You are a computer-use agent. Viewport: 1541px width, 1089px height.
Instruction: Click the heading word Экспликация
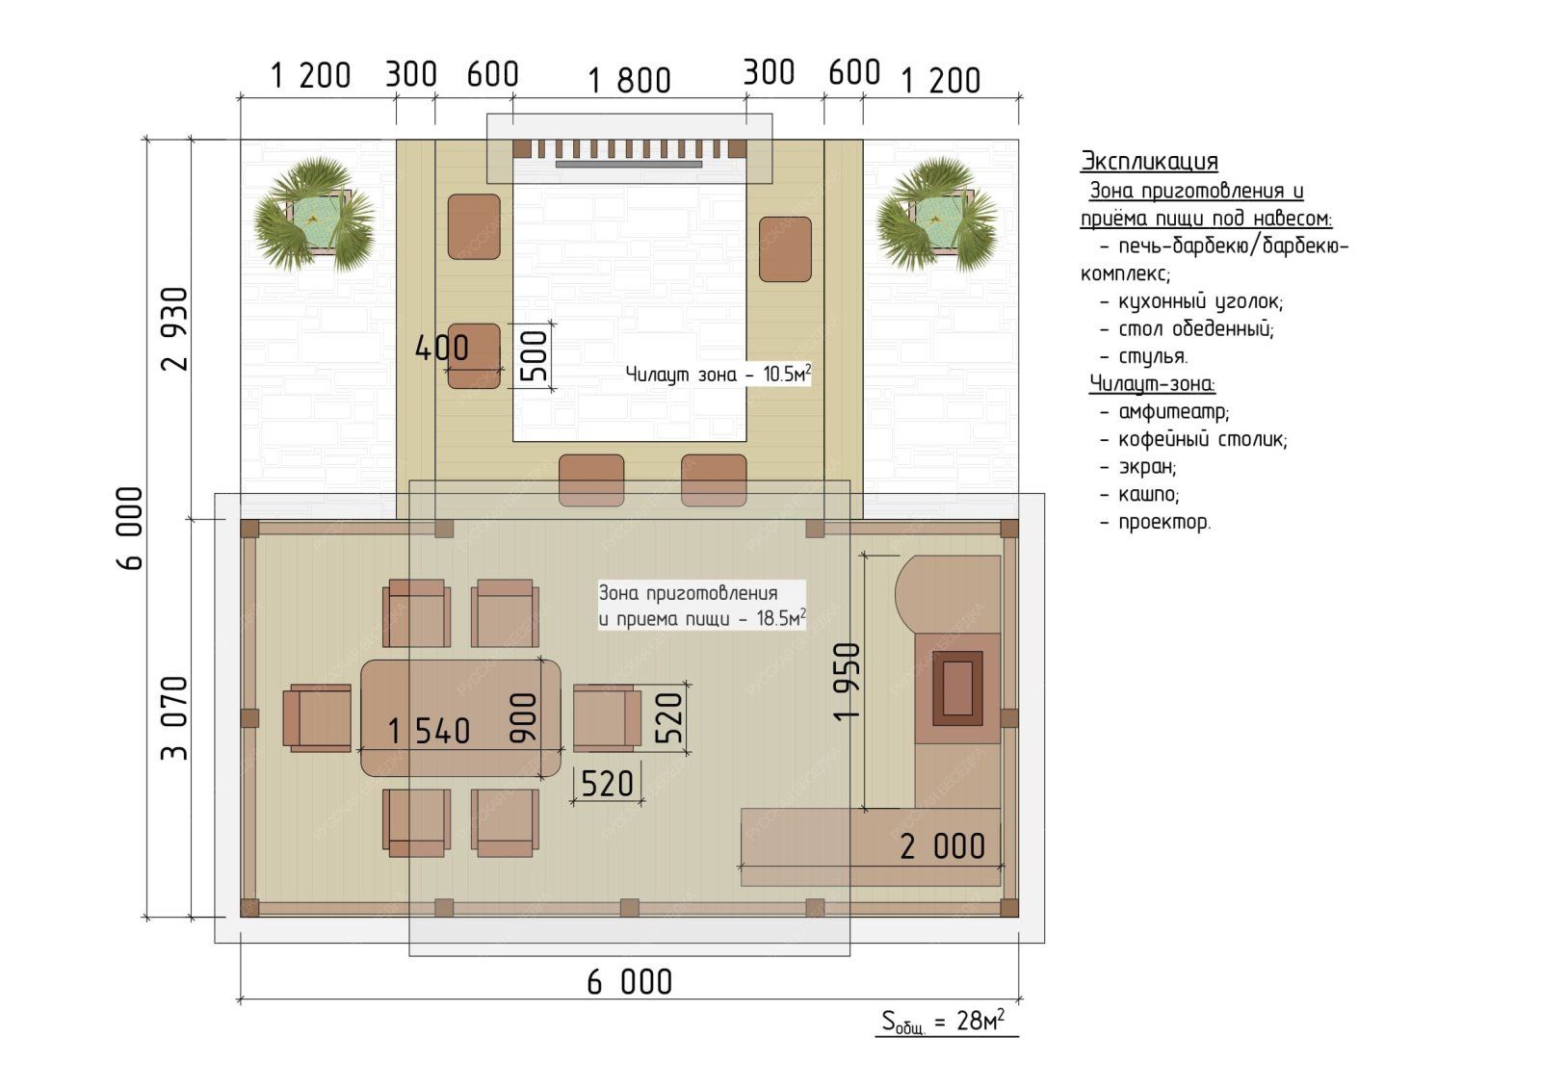point(1149,161)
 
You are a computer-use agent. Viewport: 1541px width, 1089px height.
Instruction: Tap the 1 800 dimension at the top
point(630,81)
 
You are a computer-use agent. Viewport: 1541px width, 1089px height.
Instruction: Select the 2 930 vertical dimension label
point(174,329)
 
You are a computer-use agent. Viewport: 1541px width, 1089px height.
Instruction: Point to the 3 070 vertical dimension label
point(174,718)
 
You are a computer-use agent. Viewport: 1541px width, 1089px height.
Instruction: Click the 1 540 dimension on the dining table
point(429,731)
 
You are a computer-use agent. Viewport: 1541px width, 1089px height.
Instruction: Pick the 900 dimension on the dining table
point(523,718)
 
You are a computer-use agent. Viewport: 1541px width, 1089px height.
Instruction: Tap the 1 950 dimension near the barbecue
point(847,682)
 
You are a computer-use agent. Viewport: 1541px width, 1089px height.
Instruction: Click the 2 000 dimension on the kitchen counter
point(943,846)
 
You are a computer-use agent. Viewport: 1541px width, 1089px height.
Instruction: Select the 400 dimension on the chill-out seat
point(442,349)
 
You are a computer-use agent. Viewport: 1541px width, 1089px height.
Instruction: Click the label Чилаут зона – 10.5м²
point(718,375)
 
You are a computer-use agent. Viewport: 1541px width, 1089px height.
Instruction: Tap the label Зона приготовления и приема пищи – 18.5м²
point(702,606)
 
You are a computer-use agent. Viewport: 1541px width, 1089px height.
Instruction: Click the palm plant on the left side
point(314,215)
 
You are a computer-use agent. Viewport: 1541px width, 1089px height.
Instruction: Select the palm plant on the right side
point(936,215)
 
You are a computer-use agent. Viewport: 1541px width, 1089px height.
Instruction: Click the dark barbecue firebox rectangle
point(957,687)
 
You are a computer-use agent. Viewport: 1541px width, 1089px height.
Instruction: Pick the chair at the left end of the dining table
point(317,717)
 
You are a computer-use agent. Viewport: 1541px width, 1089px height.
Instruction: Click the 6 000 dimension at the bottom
point(630,982)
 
